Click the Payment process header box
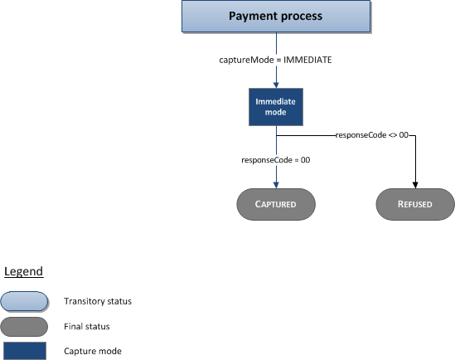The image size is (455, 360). (275, 17)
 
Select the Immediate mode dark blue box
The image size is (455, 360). (275, 106)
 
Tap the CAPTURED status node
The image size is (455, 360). (275, 204)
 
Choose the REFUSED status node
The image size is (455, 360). (415, 204)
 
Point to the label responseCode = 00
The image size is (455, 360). (275, 160)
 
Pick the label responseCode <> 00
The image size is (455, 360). (372, 134)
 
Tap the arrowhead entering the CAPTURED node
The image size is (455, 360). (275, 184)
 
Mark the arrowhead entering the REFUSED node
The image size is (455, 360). (415, 184)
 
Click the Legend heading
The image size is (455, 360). (23, 271)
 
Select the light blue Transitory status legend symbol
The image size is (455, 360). (24, 300)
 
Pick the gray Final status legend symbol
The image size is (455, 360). (24, 326)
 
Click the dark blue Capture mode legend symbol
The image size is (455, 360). (24, 350)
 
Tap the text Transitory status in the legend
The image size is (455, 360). (97, 301)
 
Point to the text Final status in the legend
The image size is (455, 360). (87, 326)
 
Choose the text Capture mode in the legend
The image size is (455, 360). (93, 351)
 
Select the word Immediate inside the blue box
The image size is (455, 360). (275, 100)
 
